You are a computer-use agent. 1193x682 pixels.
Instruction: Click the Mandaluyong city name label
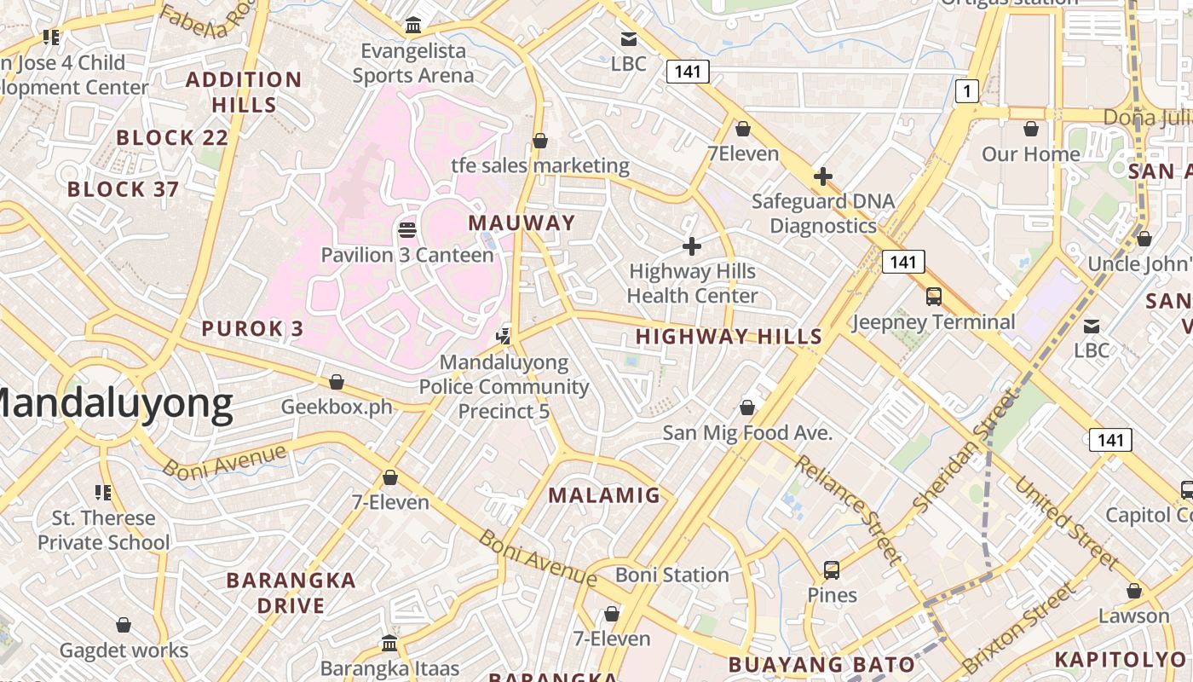pyautogui.click(x=115, y=405)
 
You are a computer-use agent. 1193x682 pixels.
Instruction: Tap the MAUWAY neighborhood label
pyautogui.click(x=522, y=223)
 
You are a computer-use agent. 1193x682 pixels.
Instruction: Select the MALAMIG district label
pyautogui.click(x=604, y=495)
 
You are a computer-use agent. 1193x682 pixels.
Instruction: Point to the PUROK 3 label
pyautogui.click(x=252, y=329)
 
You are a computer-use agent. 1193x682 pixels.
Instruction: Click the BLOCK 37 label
pyautogui.click(x=123, y=189)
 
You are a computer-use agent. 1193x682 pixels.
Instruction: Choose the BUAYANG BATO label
pyautogui.click(x=821, y=665)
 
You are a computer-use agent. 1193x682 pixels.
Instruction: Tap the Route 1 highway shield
pyautogui.click(x=966, y=90)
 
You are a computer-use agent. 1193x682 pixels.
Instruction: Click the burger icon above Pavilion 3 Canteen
pyautogui.click(x=407, y=229)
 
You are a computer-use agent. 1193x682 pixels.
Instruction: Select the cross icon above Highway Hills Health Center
pyautogui.click(x=692, y=247)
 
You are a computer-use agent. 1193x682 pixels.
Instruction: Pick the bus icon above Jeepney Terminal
pyautogui.click(x=934, y=297)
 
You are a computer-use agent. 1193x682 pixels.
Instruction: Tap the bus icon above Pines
pyautogui.click(x=832, y=569)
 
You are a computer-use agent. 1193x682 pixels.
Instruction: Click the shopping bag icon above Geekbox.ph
pyautogui.click(x=337, y=381)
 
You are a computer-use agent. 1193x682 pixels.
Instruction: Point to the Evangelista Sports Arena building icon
pyautogui.click(x=413, y=26)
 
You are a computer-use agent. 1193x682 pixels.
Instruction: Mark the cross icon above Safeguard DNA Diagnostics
pyautogui.click(x=823, y=177)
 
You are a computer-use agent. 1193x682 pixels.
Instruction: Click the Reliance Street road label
pyautogui.click(x=848, y=509)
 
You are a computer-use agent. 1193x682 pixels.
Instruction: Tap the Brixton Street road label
pyautogui.click(x=1019, y=627)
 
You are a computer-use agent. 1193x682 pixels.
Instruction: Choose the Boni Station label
pyautogui.click(x=672, y=575)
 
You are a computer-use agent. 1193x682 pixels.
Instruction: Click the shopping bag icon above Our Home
pyautogui.click(x=1031, y=129)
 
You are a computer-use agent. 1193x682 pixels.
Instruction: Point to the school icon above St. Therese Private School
pyautogui.click(x=103, y=492)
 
